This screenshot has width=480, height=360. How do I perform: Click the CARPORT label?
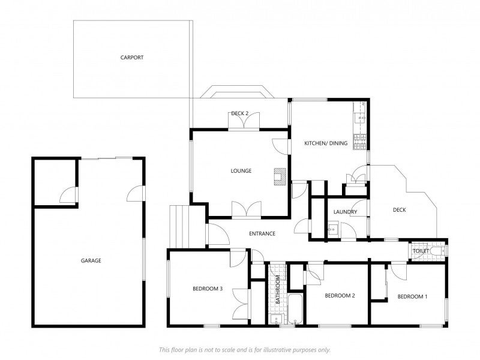131,57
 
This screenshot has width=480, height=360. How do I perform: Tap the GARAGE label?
91,260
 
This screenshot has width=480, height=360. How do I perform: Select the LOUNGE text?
241,171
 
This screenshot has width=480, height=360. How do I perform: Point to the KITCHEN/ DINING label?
326,143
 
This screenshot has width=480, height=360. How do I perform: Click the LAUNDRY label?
345,212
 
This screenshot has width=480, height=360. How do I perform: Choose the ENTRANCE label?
262,233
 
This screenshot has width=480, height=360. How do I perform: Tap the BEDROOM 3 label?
207,289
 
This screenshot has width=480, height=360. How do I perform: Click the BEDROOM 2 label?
340,295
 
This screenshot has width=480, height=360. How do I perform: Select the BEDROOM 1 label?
412,296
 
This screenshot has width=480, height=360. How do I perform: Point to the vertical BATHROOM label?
278,290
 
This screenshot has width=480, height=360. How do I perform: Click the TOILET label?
421,251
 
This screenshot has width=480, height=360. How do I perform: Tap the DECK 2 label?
239,113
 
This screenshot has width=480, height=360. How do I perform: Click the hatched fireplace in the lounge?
280,176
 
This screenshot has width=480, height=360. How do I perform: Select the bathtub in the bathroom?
295,309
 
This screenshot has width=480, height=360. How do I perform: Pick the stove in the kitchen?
359,142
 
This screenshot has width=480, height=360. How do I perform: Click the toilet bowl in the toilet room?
438,251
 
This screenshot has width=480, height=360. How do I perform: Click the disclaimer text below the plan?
245,350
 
